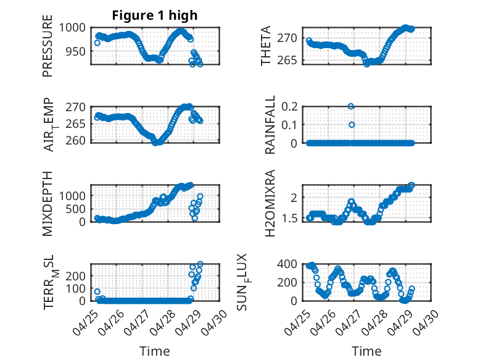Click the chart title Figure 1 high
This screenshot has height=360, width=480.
155,15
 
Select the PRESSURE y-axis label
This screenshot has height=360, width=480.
48,46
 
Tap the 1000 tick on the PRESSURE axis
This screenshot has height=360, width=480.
72,28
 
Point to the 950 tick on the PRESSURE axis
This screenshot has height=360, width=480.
75,51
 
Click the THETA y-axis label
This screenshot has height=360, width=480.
266,46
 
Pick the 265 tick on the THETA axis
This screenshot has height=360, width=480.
287,60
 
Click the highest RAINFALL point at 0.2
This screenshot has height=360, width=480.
351,106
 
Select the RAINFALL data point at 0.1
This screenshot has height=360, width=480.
352,125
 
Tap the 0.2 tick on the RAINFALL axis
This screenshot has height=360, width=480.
289,107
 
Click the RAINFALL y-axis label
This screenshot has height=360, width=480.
270,125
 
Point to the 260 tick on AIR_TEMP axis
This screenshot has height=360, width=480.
75,141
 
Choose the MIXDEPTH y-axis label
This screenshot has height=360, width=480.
48,204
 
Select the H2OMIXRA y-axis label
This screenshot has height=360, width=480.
270,203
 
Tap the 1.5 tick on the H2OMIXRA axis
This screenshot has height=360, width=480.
289,219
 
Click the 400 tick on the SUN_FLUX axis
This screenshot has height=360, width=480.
287,264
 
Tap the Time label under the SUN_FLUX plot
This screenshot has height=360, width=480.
366,351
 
